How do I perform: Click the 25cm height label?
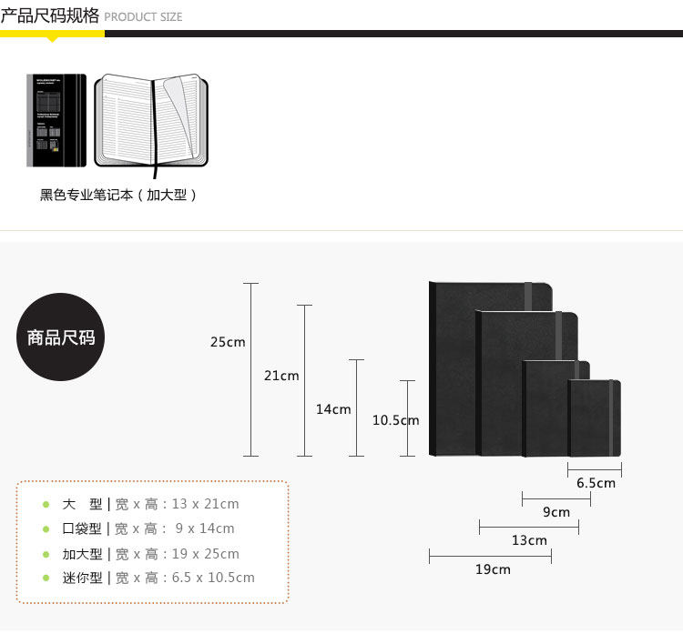(x=228, y=342)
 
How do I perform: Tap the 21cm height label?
(x=281, y=375)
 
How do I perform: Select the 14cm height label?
(x=333, y=409)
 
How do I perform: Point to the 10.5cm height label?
(x=395, y=420)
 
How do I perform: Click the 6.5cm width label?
(x=596, y=483)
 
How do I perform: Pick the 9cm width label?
(x=556, y=512)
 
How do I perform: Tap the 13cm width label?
(x=529, y=540)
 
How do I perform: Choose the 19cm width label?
(x=493, y=569)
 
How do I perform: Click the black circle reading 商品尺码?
(x=61, y=337)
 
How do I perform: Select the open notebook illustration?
(x=151, y=122)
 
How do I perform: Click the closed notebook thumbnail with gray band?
(x=56, y=121)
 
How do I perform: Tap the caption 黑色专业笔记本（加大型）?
(x=118, y=195)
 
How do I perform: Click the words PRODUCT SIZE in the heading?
(x=143, y=17)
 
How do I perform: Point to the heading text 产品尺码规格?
(x=50, y=15)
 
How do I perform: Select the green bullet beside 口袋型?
(x=46, y=528)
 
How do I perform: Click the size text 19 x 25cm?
(x=205, y=553)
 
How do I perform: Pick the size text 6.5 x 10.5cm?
(x=213, y=578)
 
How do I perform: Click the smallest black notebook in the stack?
(x=595, y=418)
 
